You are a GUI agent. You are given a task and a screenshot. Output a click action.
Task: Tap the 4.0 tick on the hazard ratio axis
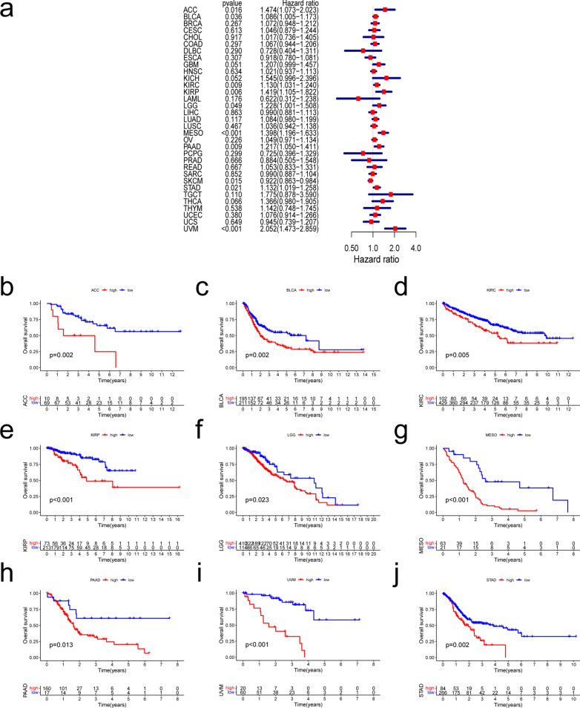[415, 247]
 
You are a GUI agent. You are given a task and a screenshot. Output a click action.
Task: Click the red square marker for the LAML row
[358, 98]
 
